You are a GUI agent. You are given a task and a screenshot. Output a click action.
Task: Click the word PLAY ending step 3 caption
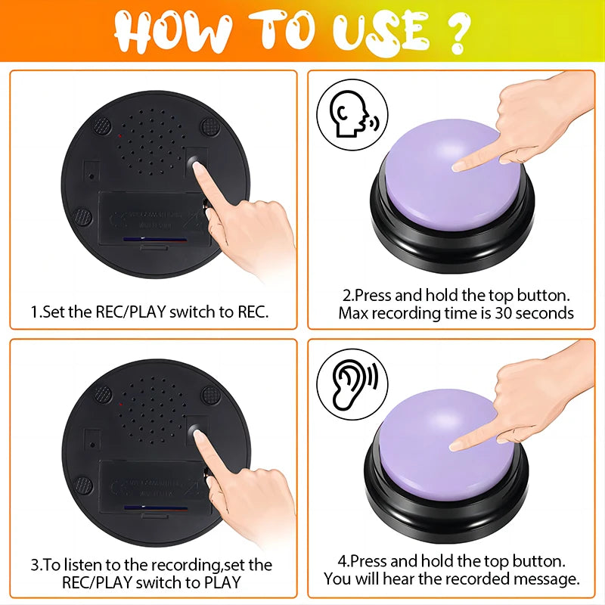(222, 582)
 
